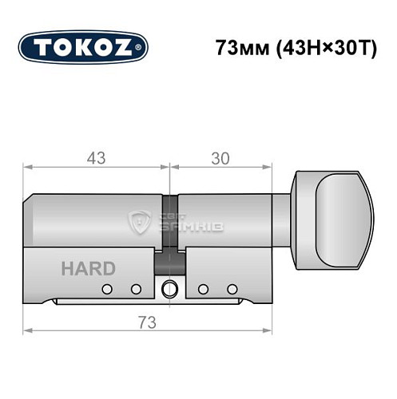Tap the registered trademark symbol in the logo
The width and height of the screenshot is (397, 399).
pyautogui.click(x=142, y=48)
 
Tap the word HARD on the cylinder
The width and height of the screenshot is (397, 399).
pyautogui.click(x=87, y=268)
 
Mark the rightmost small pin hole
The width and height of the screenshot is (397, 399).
pyautogui.click(x=232, y=288)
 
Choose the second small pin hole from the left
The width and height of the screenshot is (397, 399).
pyautogui.click(x=136, y=288)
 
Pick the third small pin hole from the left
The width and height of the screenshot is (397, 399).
pyautogui.click(x=203, y=288)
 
